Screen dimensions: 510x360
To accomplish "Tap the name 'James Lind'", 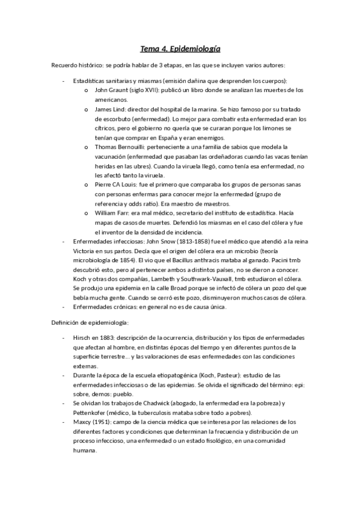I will point(110,109).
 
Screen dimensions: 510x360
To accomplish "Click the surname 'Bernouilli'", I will point(133,147).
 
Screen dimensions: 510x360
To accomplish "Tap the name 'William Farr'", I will point(112,213).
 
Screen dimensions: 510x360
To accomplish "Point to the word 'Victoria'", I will point(85,250).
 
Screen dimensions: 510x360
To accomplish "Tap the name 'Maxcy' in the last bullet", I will point(83,422).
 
